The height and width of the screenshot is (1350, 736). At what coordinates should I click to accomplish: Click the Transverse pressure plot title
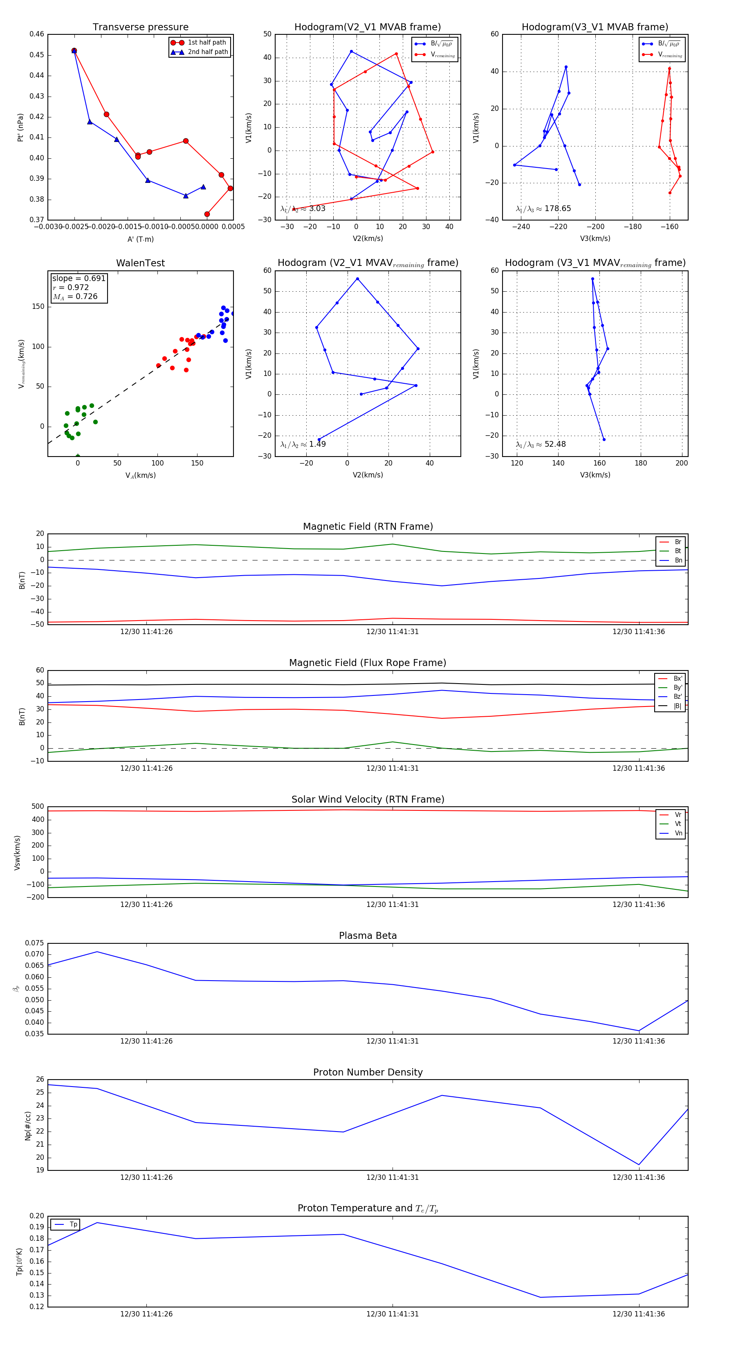[x=140, y=27]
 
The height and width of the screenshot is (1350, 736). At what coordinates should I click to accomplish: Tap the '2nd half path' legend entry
[x=207, y=52]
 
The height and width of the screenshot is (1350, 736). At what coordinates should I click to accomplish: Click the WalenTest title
[x=140, y=263]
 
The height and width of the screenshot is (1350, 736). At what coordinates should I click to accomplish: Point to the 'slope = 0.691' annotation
[x=79, y=278]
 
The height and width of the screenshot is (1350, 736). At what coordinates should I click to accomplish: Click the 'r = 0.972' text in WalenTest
[x=71, y=287]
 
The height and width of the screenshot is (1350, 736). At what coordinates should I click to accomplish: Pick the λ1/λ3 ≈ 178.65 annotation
[x=543, y=209]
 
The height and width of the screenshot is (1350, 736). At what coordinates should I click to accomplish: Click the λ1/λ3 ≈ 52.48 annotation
[x=541, y=444]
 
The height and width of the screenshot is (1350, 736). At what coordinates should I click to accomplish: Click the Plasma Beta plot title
[x=368, y=936]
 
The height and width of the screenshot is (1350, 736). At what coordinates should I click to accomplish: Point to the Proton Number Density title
[x=368, y=1072]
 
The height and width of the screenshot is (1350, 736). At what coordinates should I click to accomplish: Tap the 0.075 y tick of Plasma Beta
[x=35, y=943]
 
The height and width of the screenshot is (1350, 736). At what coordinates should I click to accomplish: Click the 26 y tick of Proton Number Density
[x=40, y=1080]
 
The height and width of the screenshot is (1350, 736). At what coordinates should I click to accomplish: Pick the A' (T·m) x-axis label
[x=140, y=239]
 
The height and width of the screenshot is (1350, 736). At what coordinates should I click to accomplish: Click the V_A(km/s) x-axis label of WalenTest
[x=140, y=475]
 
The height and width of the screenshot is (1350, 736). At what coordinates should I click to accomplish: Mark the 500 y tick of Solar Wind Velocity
[x=38, y=807]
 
